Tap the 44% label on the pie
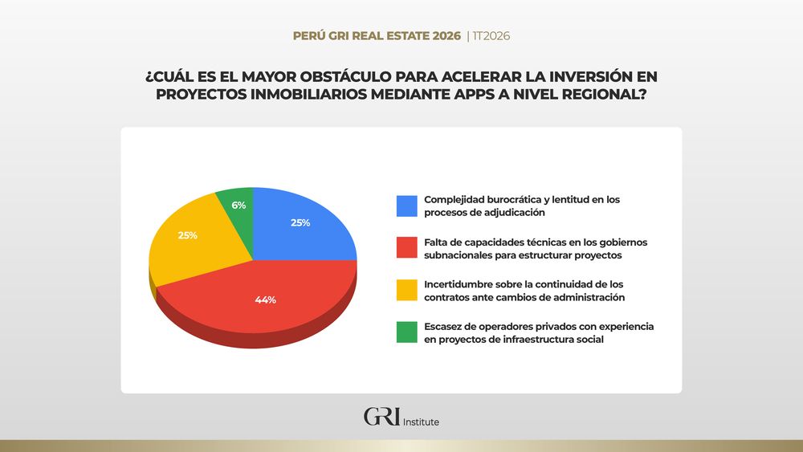266,299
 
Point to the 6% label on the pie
238,206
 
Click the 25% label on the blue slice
300,223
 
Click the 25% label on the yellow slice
188,236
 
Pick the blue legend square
406,206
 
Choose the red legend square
406,247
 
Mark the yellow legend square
406,291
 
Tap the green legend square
406,332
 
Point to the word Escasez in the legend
443,327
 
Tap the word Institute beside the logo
421,422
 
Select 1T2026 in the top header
492,36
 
